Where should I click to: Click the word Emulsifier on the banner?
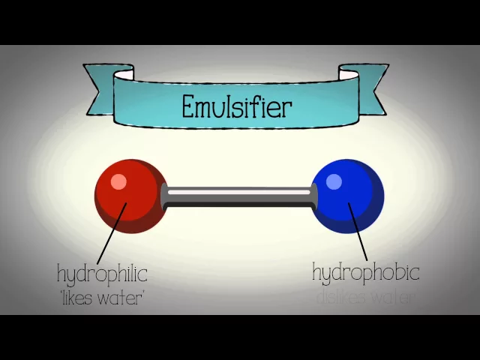tap(236, 106)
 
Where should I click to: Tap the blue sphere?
tap(346, 196)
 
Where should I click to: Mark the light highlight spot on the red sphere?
tap(119, 182)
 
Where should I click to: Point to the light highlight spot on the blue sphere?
tap(334, 181)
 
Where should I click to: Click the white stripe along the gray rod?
tap(238, 193)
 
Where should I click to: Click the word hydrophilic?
tap(102, 274)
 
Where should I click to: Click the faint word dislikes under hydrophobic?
tap(340, 297)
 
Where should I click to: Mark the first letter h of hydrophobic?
tap(316, 271)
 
